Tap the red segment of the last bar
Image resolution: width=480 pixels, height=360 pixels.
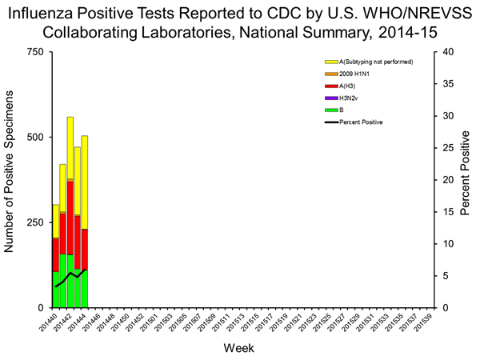point(85,249)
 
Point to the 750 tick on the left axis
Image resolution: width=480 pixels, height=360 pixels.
point(36,52)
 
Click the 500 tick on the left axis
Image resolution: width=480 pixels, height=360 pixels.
point(36,138)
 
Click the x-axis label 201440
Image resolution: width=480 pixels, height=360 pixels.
point(50,325)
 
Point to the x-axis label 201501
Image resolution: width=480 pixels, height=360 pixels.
point(147,325)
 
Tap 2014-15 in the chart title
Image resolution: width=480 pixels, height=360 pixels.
point(413,32)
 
